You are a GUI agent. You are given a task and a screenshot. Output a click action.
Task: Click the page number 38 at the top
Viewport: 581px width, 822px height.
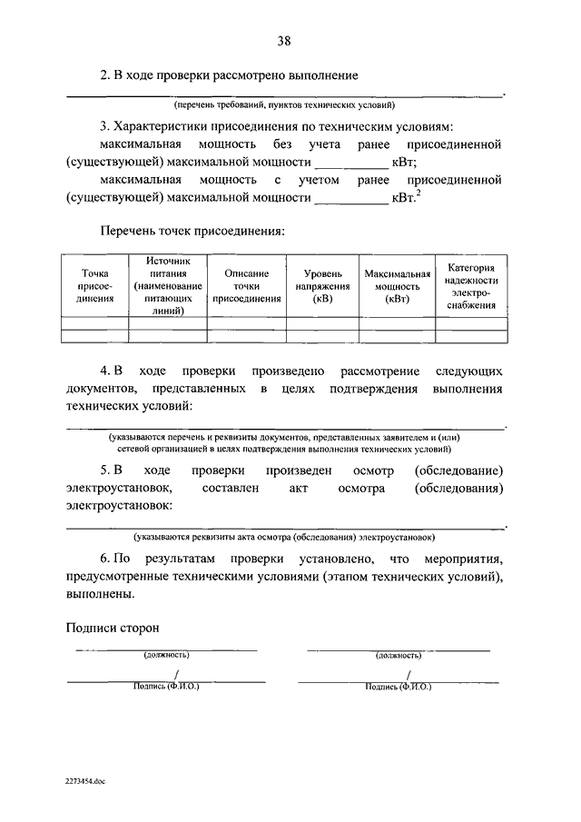284,41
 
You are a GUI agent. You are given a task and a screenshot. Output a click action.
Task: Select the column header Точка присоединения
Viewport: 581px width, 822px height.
94,284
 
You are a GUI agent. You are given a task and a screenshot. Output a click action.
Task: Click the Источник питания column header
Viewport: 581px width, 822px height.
168,284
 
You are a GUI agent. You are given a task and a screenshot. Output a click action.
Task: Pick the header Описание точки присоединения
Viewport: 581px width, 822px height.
246,284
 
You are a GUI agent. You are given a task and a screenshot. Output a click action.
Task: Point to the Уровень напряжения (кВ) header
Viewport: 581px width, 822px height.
322,284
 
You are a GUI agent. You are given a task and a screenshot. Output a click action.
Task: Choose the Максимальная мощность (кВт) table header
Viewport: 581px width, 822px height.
397,284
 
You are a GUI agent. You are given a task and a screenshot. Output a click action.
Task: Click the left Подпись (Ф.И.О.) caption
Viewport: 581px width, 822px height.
165,687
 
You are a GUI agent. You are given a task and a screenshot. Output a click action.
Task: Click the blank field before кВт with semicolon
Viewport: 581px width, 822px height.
350,163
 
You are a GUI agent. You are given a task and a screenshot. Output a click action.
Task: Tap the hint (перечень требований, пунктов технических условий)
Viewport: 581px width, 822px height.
284,105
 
